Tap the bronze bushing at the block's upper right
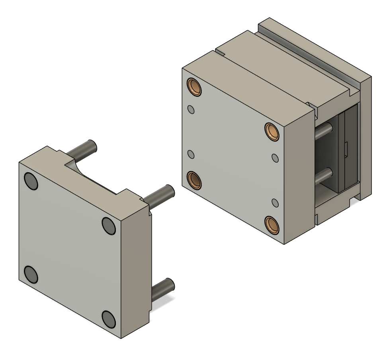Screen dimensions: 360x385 (273, 131)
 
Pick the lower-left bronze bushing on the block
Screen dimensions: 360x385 (195, 180)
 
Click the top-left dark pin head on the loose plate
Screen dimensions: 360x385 (31, 181)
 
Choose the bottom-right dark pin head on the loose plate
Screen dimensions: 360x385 (109, 318)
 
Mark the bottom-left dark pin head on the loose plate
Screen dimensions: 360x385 (31, 274)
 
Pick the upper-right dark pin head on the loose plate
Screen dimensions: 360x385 (109, 226)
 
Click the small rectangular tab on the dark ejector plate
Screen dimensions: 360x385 (346, 149)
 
